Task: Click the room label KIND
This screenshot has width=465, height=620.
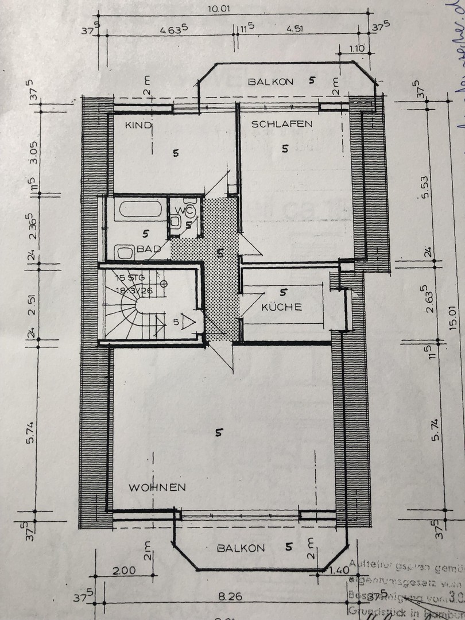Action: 138,125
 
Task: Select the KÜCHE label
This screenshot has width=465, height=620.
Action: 281,307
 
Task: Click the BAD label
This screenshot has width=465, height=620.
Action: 148,249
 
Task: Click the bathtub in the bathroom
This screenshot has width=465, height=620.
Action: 139,209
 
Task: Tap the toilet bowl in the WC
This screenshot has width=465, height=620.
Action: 190,211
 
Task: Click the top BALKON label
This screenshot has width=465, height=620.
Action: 271,82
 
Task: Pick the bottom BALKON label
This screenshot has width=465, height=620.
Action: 241,548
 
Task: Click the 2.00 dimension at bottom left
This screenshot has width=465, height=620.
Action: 125,571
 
